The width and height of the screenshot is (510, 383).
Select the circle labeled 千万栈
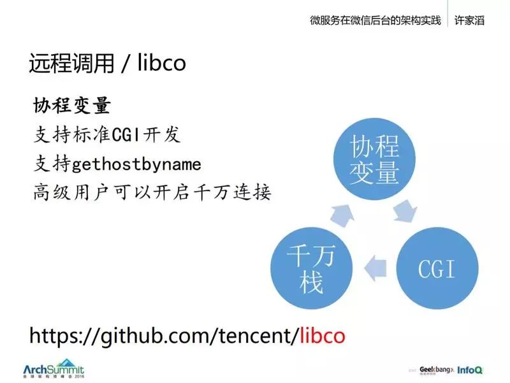[311, 269]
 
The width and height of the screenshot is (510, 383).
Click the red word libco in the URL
[323, 335]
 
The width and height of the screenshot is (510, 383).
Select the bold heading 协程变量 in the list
[72, 106]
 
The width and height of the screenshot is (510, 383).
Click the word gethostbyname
[136, 164]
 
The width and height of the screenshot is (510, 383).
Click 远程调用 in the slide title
[72, 64]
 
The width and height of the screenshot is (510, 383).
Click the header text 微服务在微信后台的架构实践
[375, 20]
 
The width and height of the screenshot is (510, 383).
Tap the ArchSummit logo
[54, 370]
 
